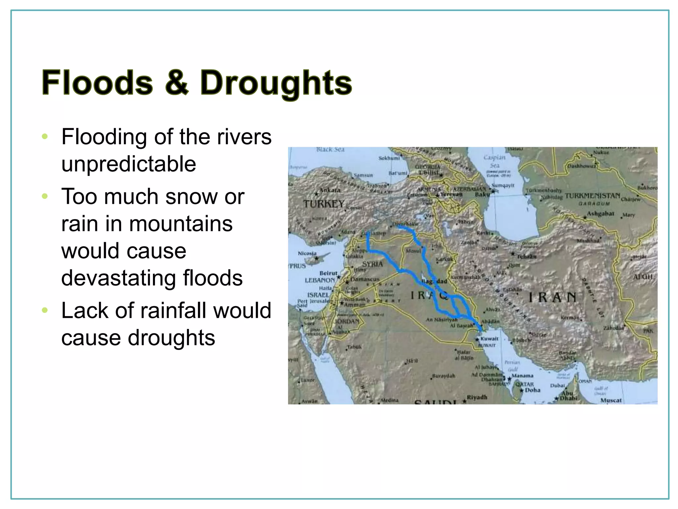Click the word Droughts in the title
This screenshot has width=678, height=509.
coord(276,83)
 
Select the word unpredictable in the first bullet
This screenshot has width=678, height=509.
coord(128,164)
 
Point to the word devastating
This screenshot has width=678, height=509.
coord(152,278)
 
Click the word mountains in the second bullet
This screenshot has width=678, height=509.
coord(181,224)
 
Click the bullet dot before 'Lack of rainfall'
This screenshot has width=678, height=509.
coord(45,311)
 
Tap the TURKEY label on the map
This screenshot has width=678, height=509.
coord(324,203)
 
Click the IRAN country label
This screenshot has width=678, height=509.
coord(552,297)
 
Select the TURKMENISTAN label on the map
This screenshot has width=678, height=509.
coord(592,196)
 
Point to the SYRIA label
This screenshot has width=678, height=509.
coord(372,264)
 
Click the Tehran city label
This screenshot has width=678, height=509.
coord(526,256)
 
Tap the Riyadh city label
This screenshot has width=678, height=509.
coord(477,397)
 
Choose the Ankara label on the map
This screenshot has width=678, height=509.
coord(329,190)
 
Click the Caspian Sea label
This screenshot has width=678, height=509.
coord(495,161)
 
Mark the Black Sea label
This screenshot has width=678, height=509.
coord(330,150)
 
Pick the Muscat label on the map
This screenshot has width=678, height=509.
coord(611,400)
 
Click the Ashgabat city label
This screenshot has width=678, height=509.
coord(600,214)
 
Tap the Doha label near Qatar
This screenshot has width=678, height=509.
coord(532,390)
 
